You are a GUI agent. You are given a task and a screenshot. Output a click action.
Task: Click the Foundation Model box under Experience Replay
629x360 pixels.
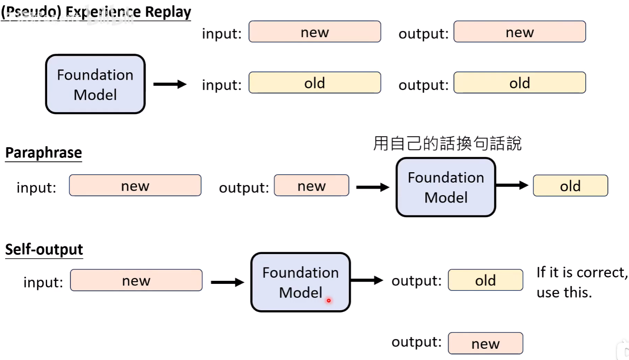95,84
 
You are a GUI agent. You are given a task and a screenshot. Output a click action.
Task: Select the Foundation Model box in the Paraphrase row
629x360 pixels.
446,187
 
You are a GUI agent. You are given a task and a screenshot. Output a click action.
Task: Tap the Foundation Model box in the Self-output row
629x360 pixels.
301,282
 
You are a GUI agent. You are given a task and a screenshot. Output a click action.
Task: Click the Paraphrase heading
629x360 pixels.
44,153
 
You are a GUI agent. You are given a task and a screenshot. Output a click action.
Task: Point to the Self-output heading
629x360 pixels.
44,250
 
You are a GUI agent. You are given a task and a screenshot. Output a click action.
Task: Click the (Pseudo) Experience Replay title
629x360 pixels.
96,13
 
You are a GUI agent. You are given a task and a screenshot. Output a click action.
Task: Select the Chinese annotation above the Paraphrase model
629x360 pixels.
447,144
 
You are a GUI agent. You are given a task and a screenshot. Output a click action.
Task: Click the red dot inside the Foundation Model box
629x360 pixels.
328,300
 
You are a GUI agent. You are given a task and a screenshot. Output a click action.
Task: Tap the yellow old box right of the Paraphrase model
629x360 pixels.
570,186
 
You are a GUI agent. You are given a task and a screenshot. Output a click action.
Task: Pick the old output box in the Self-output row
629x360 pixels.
485,280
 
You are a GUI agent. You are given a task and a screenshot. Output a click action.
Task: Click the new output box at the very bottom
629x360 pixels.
485,343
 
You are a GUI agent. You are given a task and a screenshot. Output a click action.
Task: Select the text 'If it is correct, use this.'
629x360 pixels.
582,282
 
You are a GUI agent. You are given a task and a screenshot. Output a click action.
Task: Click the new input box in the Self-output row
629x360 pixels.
136,280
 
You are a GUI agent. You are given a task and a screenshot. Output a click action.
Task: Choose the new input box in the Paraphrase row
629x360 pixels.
135,185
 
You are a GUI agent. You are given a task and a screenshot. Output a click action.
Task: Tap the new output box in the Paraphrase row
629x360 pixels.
311,185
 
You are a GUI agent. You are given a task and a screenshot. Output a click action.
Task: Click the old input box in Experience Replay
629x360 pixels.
315,83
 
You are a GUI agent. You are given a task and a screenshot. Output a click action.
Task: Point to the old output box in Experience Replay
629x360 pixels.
520,83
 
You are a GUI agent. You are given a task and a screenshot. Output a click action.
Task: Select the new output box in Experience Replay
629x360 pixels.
520,32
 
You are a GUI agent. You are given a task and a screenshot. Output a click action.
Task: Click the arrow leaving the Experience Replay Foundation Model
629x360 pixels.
170,84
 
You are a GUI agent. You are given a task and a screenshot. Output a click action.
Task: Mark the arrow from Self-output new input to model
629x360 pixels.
228,282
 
